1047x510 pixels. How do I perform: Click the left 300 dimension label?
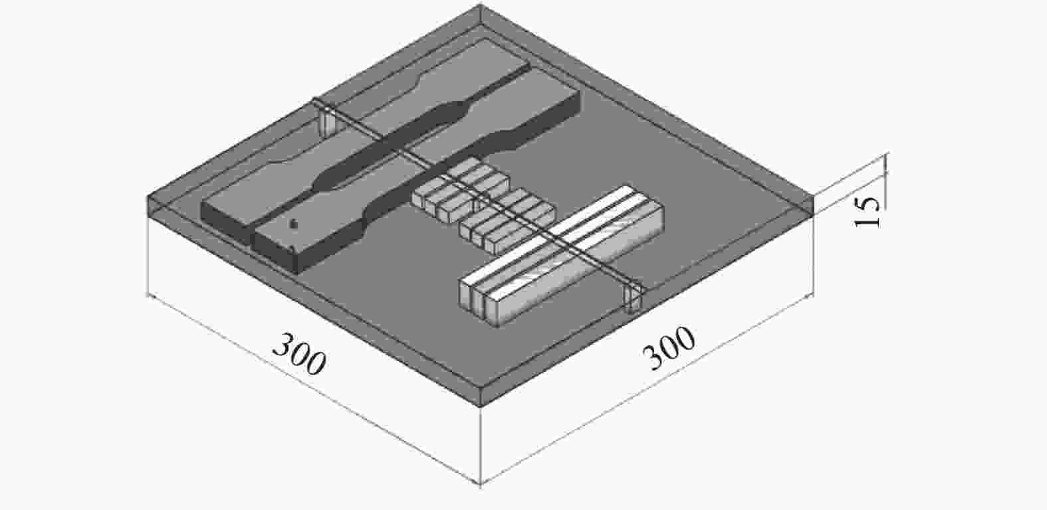[300, 355]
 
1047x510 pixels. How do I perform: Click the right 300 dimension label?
[669, 348]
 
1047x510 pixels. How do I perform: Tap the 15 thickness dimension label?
[867, 212]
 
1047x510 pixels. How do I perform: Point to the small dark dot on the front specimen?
[294, 224]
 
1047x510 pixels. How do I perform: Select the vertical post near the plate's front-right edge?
[634, 298]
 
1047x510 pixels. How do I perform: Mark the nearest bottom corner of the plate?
[481, 404]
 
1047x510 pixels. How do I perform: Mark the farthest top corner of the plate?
[481, 5]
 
